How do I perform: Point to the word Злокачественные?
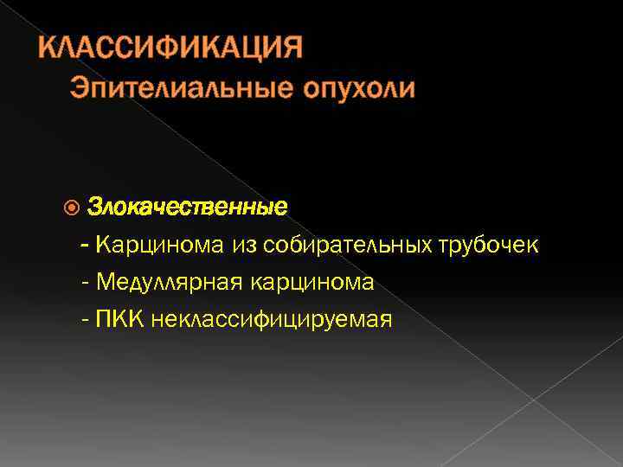(188, 208)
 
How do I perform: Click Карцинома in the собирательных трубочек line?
(160, 246)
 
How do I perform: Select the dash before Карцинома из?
(84, 246)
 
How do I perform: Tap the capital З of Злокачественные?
(94, 208)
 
